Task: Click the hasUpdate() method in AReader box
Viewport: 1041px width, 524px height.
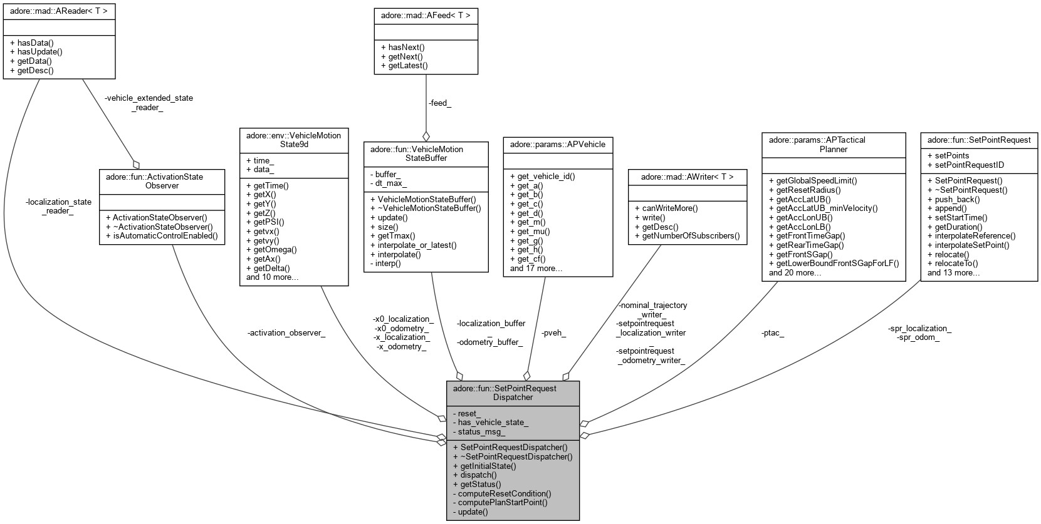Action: coord(36,52)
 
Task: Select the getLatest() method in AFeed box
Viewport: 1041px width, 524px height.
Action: coord(404,65)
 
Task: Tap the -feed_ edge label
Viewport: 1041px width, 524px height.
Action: coord(440,103)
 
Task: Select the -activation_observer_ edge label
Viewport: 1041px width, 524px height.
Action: coord(286,333)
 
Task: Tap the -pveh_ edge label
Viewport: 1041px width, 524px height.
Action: coord(553,333)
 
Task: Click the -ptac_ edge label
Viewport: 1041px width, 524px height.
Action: coord(772,333)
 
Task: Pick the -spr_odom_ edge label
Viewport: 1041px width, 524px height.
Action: coord(918,337)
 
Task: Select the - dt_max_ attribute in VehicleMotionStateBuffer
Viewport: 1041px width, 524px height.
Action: coord(388,183)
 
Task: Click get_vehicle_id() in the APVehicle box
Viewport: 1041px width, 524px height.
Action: coord(542,176)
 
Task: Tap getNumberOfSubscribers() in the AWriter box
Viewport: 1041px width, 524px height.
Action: coord(687,235)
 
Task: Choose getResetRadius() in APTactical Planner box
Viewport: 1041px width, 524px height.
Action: coord(804,190)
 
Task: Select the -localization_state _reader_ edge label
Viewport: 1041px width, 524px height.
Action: coord(58,206)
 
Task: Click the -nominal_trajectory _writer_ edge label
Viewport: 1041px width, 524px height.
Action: coord(652,309)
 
